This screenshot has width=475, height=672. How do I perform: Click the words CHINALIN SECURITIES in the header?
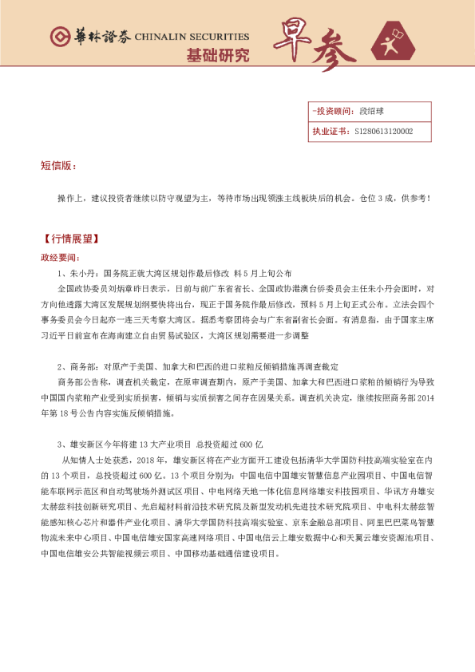[x=192, y=37]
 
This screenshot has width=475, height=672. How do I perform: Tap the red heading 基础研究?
[x=217, y=56]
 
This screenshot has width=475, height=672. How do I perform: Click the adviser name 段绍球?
[x=371, y=112]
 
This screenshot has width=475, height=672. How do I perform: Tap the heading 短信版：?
[x=57, y=166]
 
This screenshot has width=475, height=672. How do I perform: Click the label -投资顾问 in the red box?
[x=331, y=112]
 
